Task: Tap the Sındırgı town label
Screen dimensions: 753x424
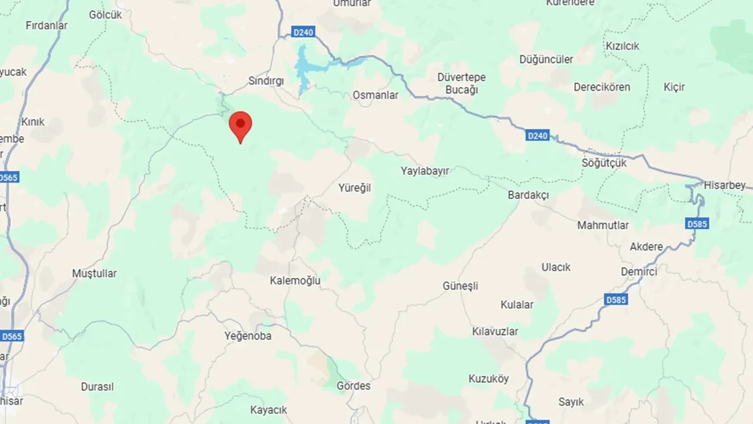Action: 266,81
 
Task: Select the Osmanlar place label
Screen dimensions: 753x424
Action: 375,95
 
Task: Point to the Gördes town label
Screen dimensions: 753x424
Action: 354,386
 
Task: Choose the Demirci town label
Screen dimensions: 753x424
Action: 639,271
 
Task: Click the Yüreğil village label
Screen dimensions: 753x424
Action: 355,188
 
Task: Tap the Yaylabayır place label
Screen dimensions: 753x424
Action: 425,171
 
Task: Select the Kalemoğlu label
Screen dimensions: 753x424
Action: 295,281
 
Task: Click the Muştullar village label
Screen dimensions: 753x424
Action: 94,273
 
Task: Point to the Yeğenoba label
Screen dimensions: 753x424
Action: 248,336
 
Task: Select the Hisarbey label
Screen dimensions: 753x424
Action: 724,185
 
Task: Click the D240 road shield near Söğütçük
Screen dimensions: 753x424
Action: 537,136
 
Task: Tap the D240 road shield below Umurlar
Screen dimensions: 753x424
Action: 303,32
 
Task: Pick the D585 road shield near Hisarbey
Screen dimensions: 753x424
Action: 697,224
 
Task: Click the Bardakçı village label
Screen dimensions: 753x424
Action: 528,195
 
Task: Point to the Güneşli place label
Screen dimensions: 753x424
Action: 461,286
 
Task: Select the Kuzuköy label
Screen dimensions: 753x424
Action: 489,379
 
